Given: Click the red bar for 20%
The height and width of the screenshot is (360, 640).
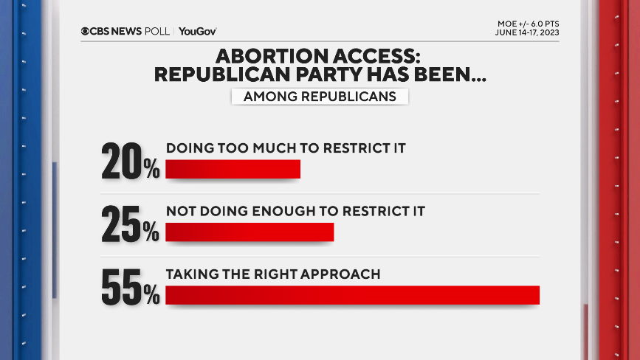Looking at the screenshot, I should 233,169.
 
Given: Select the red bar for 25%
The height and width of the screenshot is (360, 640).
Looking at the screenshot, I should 250,232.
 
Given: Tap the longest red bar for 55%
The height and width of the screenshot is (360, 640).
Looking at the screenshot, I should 352,295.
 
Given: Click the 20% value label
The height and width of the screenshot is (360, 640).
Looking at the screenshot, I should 131,160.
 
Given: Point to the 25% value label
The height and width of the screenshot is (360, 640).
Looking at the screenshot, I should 131,224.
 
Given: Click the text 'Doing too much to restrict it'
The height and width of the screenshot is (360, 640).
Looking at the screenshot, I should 286,148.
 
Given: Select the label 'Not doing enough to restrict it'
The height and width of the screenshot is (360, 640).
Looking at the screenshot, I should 295,211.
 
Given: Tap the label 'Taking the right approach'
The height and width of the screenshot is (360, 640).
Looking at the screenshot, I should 273,274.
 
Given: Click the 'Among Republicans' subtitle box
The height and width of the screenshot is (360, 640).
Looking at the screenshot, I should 320,97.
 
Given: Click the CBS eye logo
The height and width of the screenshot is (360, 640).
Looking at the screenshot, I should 86,31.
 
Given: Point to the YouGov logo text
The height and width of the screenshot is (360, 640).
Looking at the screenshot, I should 197,31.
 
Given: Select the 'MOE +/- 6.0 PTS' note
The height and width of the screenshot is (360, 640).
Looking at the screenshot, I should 528,24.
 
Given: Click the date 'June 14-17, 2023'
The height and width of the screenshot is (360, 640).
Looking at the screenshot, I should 527,33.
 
